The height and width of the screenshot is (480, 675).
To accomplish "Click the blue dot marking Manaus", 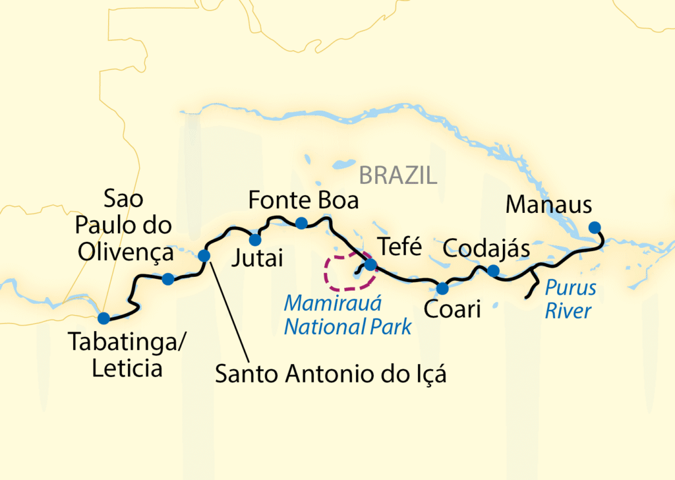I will pos(595,227).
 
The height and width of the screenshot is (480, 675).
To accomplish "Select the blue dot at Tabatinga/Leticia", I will pos(103,318).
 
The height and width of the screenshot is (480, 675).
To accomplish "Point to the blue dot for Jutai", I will pos(254,239).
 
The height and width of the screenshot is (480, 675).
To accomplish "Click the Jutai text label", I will pos(256,258).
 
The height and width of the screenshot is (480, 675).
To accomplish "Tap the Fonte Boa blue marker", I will pos(301,223).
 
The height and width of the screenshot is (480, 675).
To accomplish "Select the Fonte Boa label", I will pos(304,199).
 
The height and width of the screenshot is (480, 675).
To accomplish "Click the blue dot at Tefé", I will pos(370,265).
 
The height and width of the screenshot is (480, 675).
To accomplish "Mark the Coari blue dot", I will pos(442,288).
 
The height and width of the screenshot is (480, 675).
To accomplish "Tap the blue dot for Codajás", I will pos(492,270).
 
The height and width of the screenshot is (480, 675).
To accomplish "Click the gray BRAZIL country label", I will pos(397,175).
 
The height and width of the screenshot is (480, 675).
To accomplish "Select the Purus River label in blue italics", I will pos(570,299).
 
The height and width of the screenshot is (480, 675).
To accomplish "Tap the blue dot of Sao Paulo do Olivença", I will pos(168,279).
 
